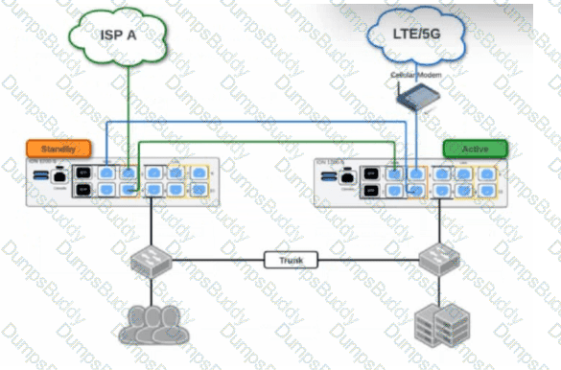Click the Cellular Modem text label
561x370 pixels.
(413, 73)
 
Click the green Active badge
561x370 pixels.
(475, 149)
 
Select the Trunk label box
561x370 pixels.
(283, 259)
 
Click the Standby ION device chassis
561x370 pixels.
(120, 183)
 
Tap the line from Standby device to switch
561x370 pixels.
(151, 225)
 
